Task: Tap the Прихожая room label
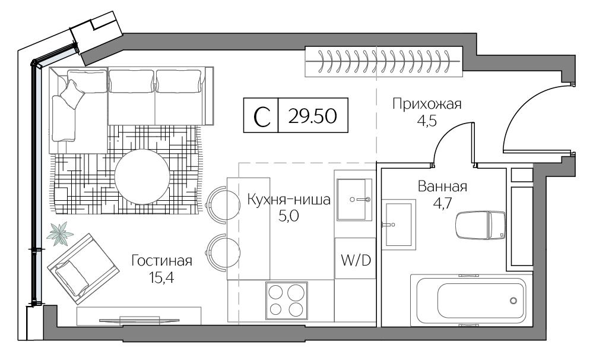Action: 427,105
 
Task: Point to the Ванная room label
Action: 442,187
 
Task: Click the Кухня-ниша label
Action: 288,200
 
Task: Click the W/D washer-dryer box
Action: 355,259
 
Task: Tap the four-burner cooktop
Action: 286,299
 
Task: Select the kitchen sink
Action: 354,199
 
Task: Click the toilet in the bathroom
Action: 480,225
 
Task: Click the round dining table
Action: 141,176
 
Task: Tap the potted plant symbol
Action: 60,233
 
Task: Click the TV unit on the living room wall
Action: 139,319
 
